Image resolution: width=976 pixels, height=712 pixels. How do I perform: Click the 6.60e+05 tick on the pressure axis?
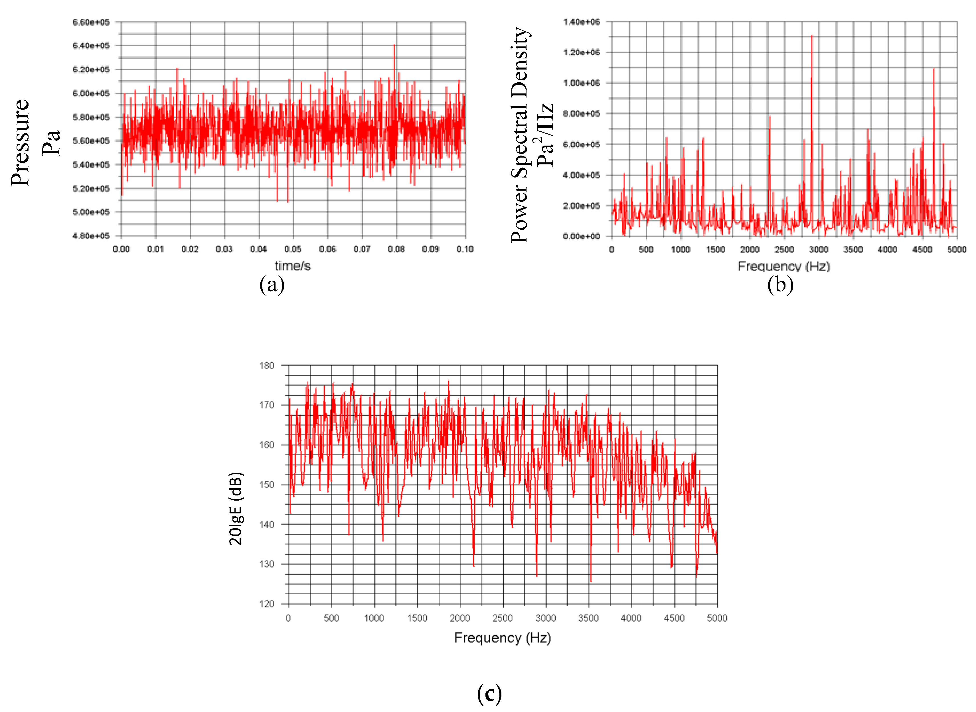91,22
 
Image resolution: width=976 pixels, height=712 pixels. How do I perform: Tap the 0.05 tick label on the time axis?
293,249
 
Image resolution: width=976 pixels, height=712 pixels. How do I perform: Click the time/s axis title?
293,266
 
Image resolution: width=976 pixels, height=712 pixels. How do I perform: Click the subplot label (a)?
272,285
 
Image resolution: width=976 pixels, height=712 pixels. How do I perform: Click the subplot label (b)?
780,285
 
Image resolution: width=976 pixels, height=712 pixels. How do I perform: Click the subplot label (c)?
489,694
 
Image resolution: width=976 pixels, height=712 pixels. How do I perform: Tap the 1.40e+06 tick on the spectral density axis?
581,22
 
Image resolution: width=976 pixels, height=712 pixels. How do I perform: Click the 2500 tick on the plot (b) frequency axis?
784,250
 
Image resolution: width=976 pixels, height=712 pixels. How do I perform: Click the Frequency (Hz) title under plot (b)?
783,266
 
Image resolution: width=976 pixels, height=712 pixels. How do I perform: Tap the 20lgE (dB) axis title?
236,509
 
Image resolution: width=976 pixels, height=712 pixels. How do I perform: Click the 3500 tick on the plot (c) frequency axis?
588,618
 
